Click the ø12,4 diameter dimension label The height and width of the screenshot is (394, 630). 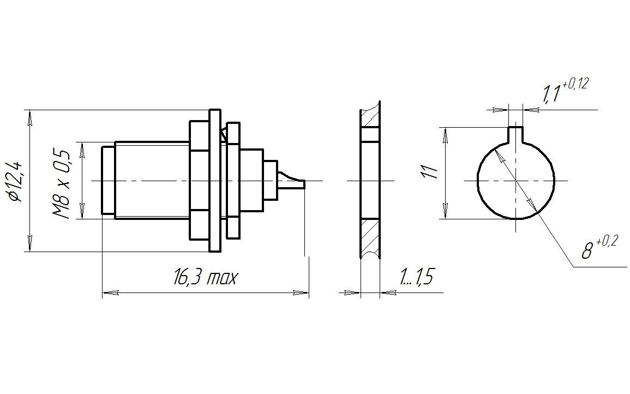coord(19,181)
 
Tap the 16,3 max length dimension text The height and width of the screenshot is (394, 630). coord(205,278)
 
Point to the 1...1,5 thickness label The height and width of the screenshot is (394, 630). coord(416,277)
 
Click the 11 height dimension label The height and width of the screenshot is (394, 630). coord(429,172)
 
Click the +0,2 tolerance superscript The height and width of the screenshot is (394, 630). coord(607,242)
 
